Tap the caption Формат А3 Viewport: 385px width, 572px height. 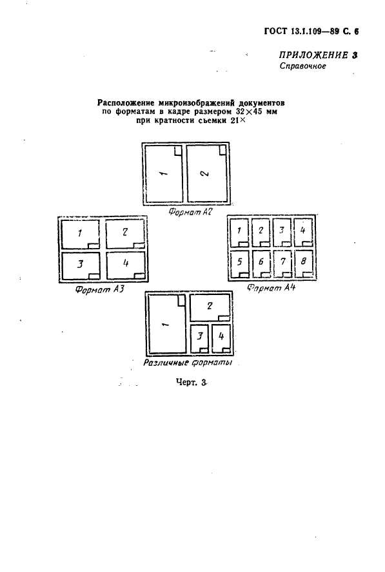(x=99, y=290)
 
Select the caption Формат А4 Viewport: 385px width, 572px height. (x=271, y=287)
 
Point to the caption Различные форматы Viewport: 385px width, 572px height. (x=188, y=363)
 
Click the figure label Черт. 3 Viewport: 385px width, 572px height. (x=191, y=383)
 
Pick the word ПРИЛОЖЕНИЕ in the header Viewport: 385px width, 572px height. (x=313, y=55)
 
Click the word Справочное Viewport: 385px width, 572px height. (x=302, y=66)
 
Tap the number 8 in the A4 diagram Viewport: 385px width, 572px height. (x=304, y=261)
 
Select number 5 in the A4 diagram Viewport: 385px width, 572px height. (x=240, y=262)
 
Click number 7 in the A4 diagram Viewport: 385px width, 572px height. (x=282, y=261)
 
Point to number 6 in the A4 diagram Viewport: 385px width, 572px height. (x=261, y=262)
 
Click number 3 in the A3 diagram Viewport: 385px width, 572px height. (x=81, y=263)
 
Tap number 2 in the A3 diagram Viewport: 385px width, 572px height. (x=125, y=232)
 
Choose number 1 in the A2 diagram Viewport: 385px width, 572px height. (x=163, y=173)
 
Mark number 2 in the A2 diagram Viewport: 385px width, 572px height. (x=205, y=173)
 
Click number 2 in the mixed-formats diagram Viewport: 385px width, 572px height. (x=210, y=306)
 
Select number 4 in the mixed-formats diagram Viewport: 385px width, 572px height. (x=221, y=336)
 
